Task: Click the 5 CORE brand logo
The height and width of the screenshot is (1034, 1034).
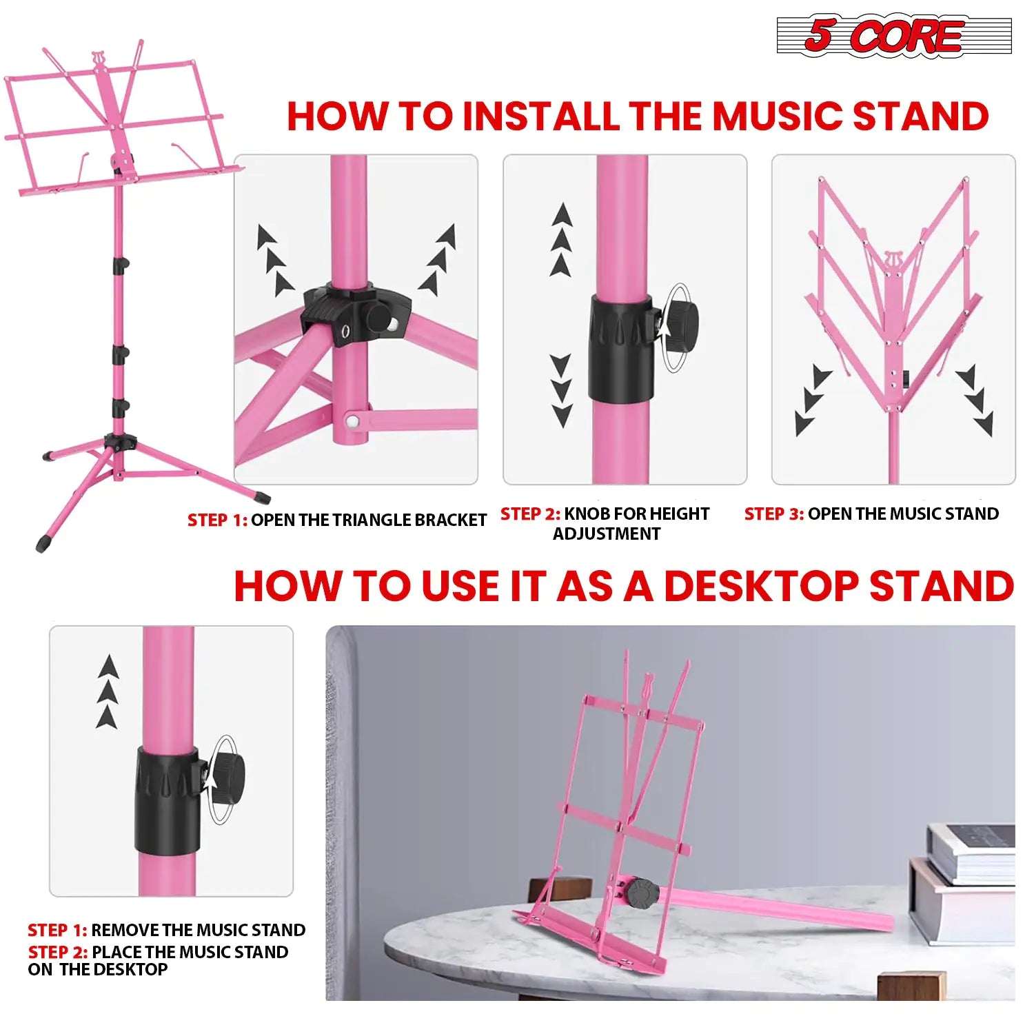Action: click(893, 35)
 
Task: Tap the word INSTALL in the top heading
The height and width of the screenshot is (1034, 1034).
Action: click(540, 116)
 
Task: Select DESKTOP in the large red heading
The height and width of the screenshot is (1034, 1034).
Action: click(761, 587)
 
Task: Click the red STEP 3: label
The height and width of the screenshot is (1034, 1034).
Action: click(773, 514)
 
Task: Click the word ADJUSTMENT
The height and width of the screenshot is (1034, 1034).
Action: click(606, 534)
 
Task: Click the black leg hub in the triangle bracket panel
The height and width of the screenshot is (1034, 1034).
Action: click(355, 314)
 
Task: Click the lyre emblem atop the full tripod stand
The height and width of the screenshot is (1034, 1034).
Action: click(99, 61)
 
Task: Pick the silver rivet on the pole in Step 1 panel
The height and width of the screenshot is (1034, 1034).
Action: click(352, 420)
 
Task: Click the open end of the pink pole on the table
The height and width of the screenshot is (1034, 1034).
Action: click(885, 922)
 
